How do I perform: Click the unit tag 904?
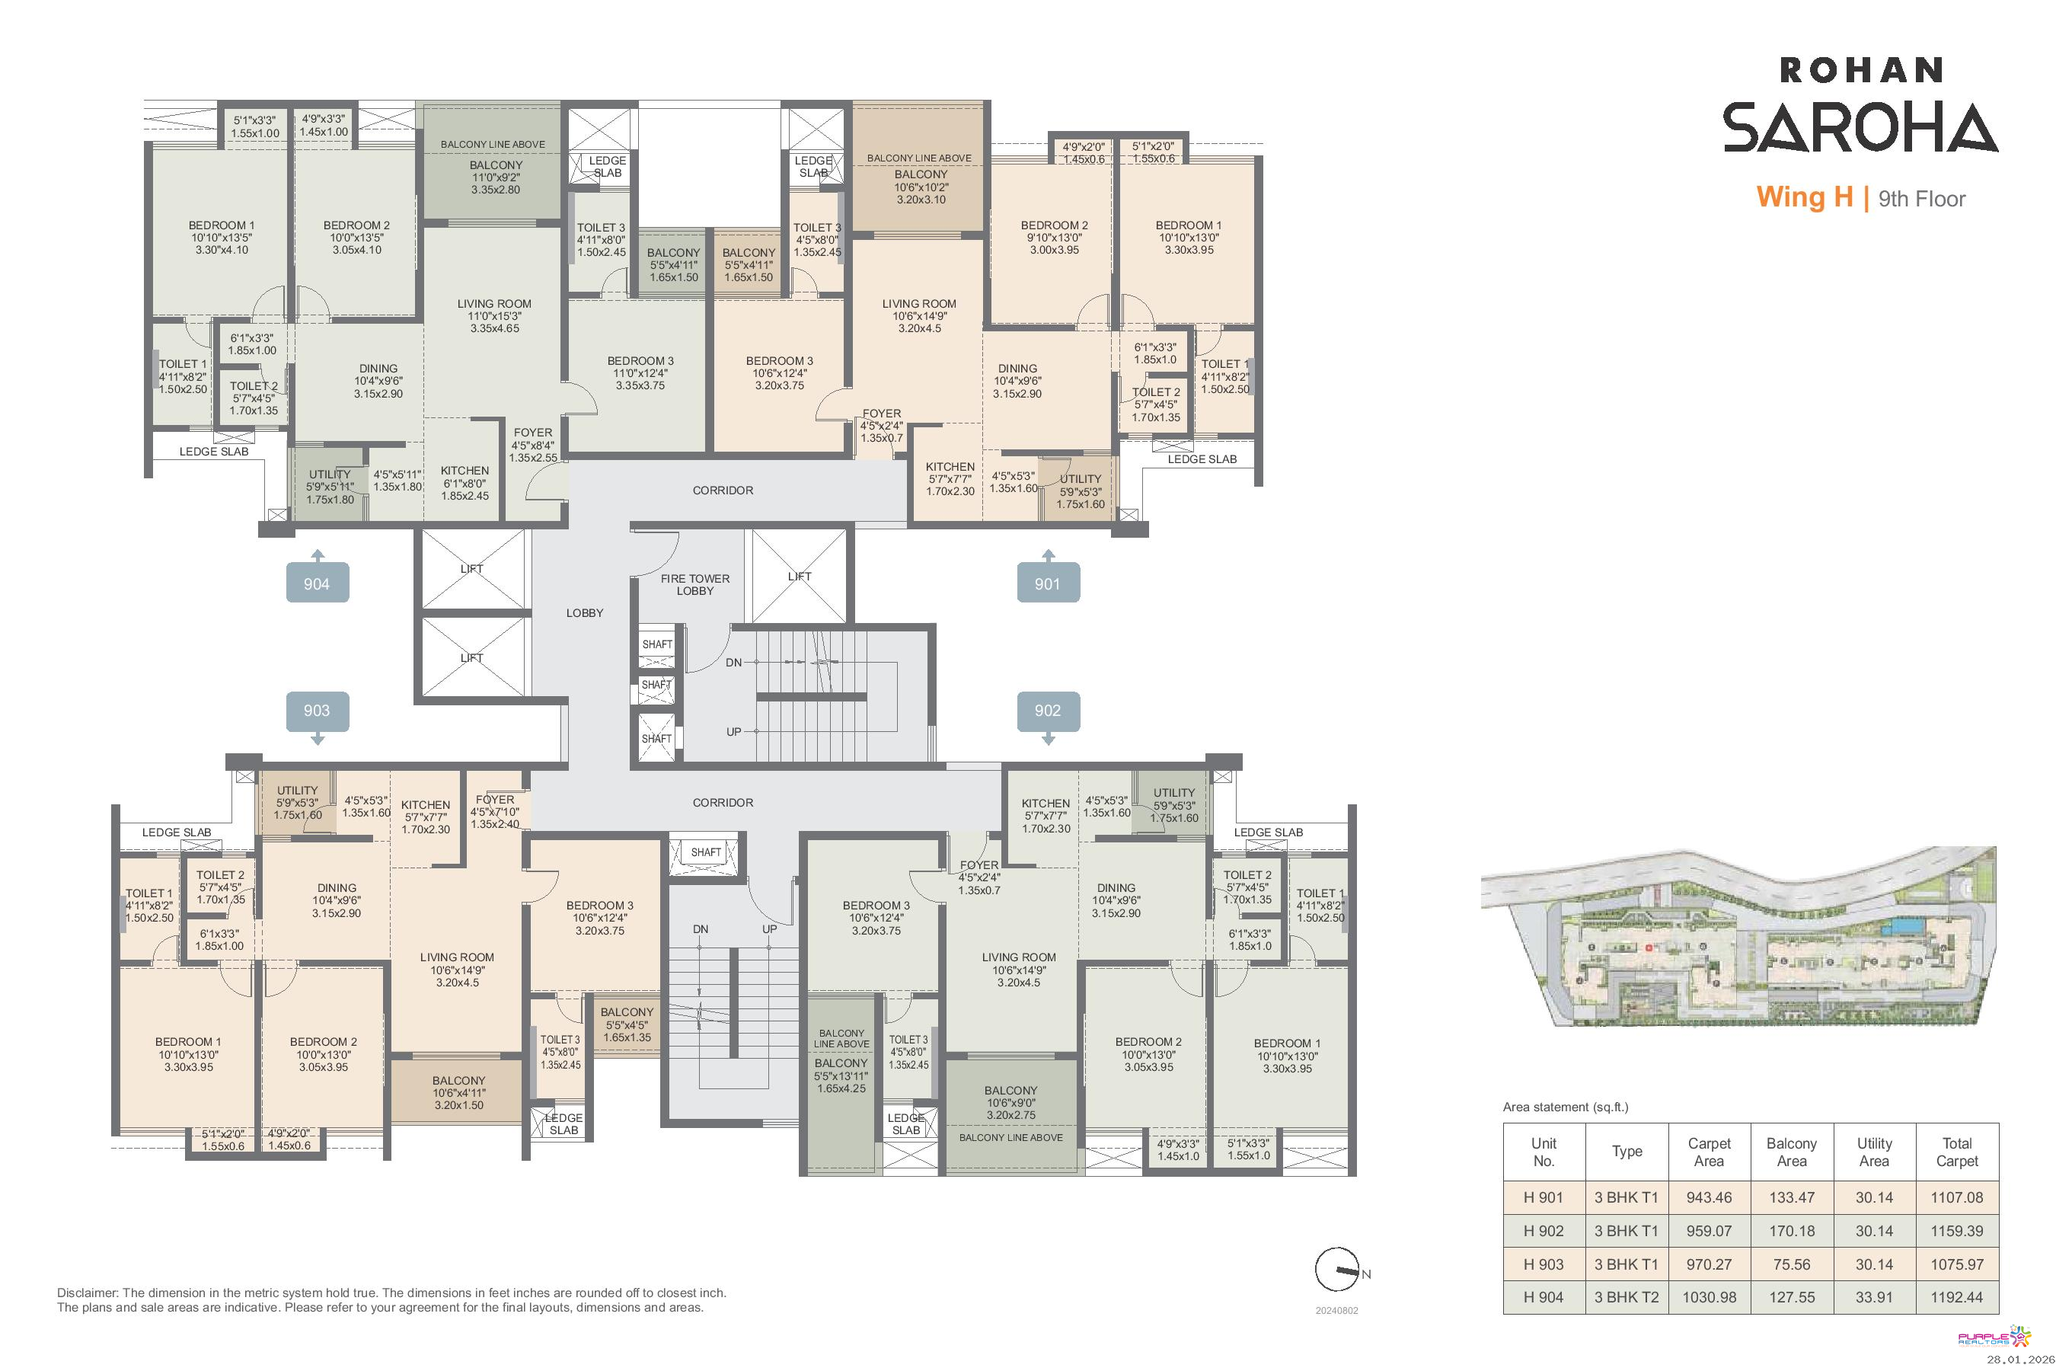318,583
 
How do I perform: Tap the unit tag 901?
1048,583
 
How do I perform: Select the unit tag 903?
318,711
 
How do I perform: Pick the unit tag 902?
1048,711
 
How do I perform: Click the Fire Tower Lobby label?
695,585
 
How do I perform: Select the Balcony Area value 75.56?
1791,1264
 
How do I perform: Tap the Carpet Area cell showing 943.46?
1709,1198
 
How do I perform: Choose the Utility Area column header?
1874,1152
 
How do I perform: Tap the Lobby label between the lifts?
585,613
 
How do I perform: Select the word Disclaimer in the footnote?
88,1293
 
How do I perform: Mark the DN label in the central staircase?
733,663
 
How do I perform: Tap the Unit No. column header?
1544,1152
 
